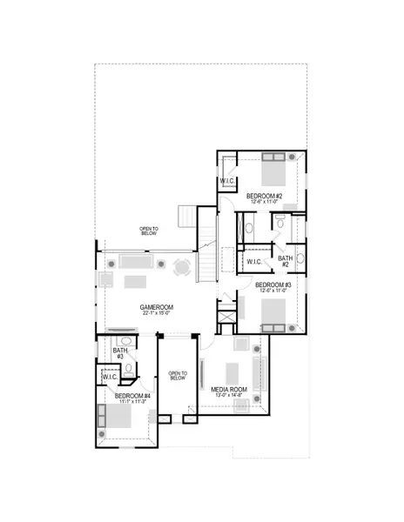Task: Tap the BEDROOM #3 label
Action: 274,284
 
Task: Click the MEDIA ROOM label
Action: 229,389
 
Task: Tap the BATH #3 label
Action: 119,353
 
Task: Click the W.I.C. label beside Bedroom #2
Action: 229,181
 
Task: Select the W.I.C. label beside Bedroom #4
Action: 111,378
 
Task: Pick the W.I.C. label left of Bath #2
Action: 255,261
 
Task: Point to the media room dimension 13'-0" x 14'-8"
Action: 229,397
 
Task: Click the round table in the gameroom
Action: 182,267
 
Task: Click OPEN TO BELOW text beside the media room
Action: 178,374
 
